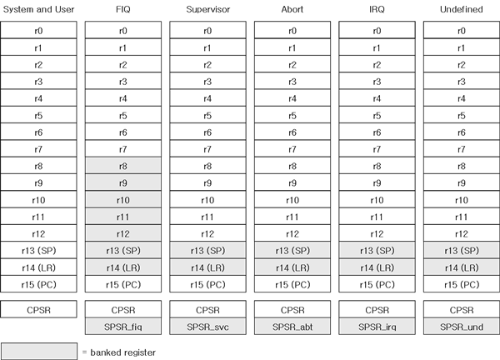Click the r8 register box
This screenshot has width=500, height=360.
[x=122, y=166]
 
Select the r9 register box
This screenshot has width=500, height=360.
[x=122, y=182]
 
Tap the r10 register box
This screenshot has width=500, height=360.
[x=122, y=200]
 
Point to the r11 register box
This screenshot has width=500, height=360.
[x=122, y=217]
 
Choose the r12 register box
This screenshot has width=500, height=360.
[x=122, y=233]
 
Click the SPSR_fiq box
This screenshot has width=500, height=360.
[x=122, y=326]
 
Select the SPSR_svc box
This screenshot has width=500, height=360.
[x=207, y=326]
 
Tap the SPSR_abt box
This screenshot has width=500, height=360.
[x=292, y=326]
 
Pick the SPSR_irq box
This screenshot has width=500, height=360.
[x=377, y=326]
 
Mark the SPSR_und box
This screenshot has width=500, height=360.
[x=461, y=326]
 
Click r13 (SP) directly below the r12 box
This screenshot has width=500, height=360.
[x=122, y=250]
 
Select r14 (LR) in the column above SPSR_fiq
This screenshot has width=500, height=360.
[x=122, y=267]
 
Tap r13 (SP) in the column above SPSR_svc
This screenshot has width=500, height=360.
[x=207, y=250]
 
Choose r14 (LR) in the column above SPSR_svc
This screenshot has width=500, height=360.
[x=207, y=267]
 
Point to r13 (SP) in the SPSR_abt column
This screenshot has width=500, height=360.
[x=292, y=250]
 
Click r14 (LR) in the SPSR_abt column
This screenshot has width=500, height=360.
[x=292, y=267]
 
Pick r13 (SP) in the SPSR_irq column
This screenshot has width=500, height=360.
[x=377, y=250]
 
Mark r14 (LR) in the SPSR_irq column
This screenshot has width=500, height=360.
[x=377, y=267]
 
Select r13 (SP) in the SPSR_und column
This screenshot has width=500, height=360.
[x=461, y=250]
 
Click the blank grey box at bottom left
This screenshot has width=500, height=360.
[x=38, y=351]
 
